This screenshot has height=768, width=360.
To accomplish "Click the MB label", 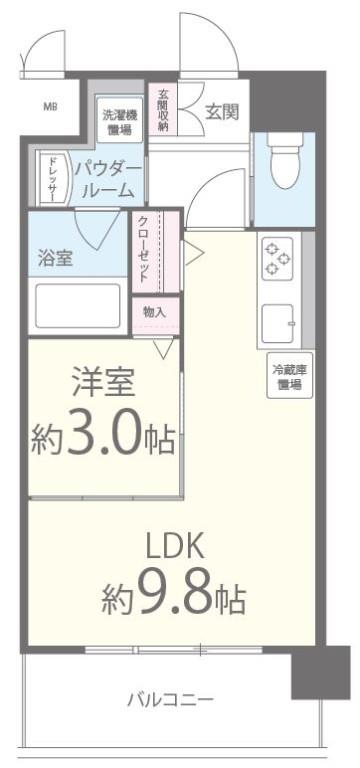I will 49,106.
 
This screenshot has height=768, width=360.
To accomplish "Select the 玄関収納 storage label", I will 161,110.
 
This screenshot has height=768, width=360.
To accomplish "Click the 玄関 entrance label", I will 221,112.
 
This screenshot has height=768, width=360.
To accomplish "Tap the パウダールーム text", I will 109,176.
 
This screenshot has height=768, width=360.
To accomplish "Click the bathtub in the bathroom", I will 77,306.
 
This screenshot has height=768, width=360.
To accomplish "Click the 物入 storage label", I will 154,313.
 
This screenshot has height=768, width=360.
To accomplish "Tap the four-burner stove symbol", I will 276,261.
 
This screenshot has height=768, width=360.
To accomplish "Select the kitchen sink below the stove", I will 277,322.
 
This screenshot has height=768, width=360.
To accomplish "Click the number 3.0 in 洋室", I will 107,438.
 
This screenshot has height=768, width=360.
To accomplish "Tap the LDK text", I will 175,544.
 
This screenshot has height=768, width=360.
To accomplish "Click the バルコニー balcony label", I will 169,698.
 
